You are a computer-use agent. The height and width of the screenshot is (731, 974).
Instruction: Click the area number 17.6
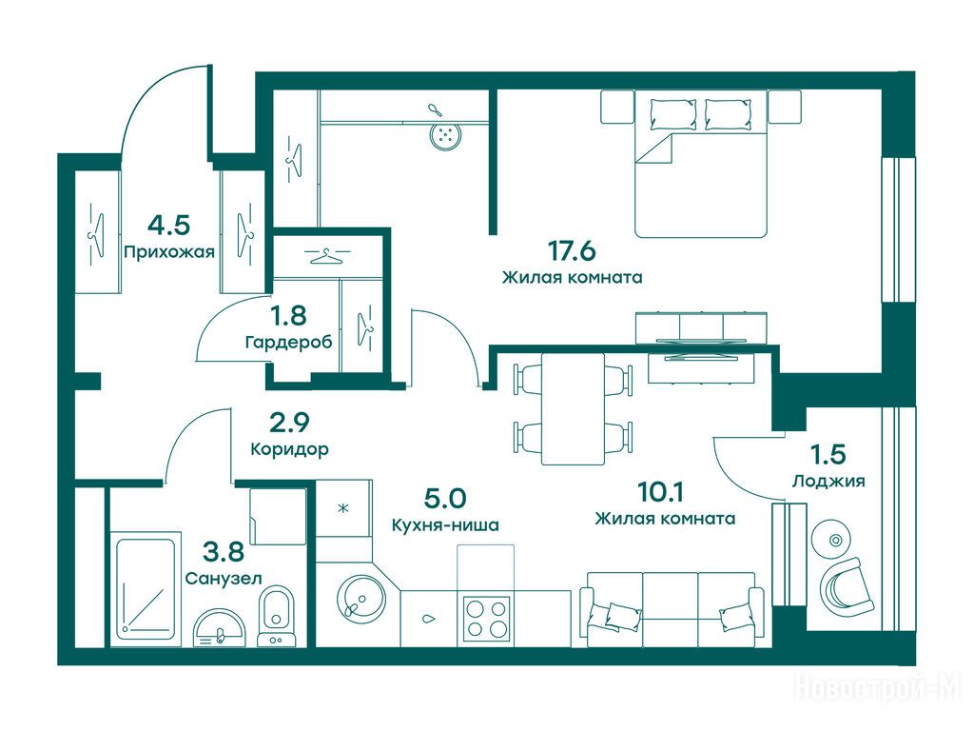pos(572,251)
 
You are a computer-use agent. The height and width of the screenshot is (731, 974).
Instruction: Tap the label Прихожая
pos(169,251)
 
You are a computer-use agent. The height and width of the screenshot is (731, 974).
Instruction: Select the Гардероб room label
pos(289,342)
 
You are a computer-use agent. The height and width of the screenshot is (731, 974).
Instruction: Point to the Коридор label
pos(289,448)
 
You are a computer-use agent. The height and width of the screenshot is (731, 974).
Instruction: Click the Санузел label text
pos(224,578)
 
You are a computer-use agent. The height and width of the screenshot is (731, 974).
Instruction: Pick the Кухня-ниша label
pos(445,525)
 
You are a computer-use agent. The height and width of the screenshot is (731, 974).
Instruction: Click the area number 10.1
pos(661,492)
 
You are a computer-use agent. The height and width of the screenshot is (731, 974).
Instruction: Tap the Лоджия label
pos(828,481)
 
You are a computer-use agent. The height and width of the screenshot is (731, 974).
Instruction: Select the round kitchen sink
pos(361,600)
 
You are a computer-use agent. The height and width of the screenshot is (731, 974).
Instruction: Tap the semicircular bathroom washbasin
pos(220,628)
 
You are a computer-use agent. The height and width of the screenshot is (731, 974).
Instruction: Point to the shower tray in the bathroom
pos(146,589)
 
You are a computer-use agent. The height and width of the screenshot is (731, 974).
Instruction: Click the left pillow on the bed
pos(673,114)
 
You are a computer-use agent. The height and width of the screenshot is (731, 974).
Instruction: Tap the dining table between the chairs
pos(573,409)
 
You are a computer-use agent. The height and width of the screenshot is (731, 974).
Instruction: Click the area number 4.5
pos(169,225)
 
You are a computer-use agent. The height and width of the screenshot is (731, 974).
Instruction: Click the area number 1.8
pos(288,316)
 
